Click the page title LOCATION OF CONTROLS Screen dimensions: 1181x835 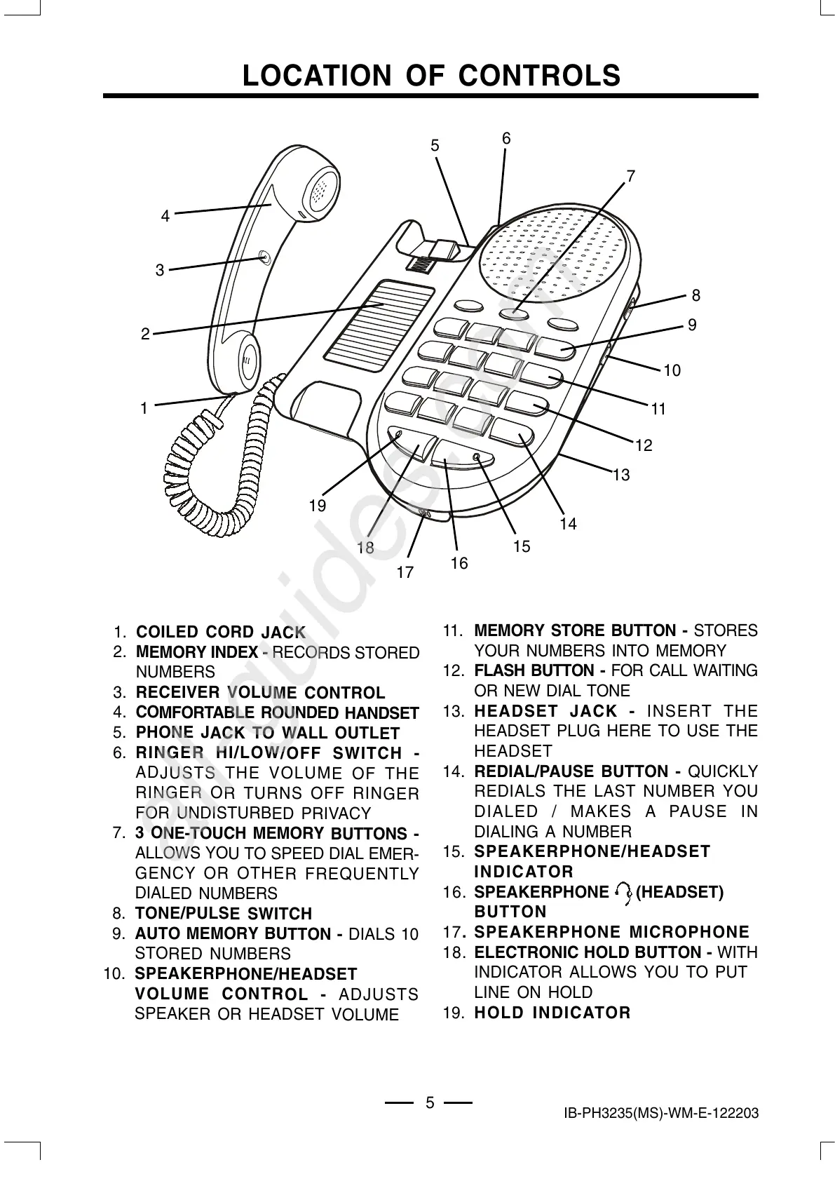click(x=431, y=76)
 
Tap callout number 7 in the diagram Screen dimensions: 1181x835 click(x=630, y=176)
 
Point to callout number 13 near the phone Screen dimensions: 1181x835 click(x=621, y=475)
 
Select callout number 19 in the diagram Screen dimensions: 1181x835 click(x=318, y=505)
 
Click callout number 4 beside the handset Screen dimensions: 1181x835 click(x=165, y=216)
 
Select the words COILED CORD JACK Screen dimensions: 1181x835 click(x=221, y=633)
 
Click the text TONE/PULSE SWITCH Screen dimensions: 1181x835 click(x=223, y=914)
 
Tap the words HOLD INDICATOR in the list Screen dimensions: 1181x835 click(x=552, y=1013)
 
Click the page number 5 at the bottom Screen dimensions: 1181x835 click(x=430, y=1102)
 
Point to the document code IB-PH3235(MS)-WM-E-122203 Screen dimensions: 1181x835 click(x=660, y=1114)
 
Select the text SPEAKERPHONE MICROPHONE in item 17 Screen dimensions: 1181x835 click(x=611, y=932)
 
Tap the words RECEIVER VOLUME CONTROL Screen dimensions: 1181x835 click(x=260, y=694)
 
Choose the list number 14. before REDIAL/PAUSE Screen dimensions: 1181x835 click(x=454, y=772)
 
